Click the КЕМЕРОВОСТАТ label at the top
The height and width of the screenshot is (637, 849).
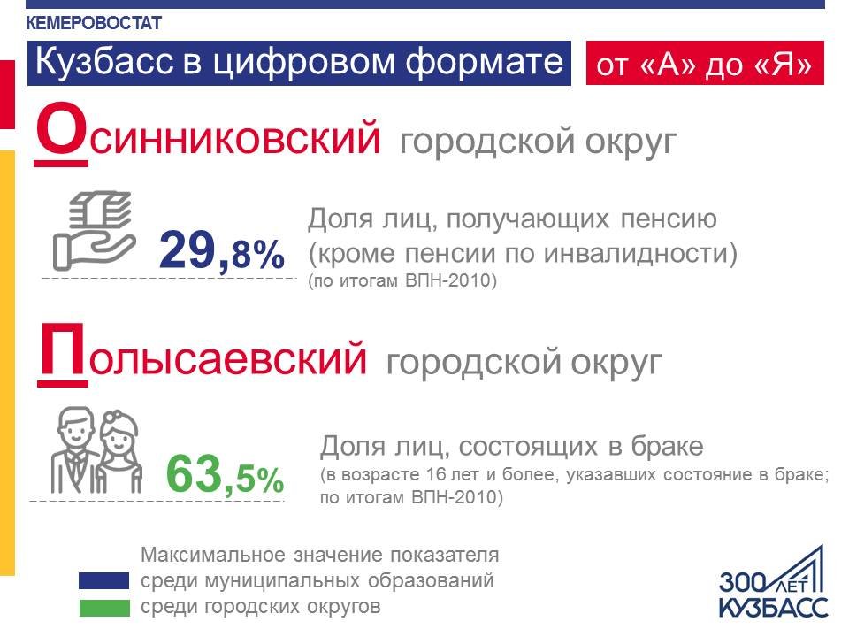pos(94,23)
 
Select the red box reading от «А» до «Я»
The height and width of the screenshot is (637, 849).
pos(705,63)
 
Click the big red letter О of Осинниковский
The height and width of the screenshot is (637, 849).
pos(61,130)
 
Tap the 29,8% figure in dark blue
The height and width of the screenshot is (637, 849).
pos(221,250)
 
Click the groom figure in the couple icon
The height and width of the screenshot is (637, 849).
pos(75,449)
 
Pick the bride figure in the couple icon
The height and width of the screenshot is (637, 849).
pos(120,452)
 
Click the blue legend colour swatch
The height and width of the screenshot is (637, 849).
pos(104,580)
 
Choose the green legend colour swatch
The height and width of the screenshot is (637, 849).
pos(104,608)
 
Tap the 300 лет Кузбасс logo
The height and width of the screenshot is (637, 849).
pos(773,583)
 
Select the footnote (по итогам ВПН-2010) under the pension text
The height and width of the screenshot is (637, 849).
pos(402,281)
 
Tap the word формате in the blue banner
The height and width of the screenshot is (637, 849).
pos(485,62)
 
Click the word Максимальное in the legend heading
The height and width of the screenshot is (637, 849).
pos(213,555)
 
